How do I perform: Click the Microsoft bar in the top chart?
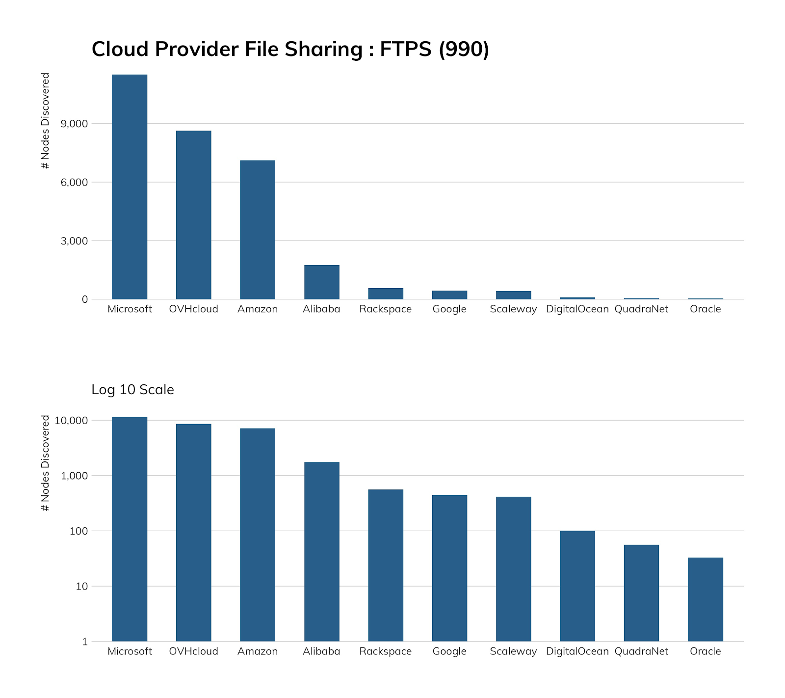point(130,187)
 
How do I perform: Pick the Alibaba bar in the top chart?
point(321,282)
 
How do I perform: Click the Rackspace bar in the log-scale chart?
point(386,565)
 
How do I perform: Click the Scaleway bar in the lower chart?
point(513,569)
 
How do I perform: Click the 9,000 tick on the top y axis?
point(74,124)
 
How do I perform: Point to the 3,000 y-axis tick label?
point(74,241)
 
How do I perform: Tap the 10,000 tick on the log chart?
point(72,421)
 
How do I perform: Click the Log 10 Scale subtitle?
point(132,390)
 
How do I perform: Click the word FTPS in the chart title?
point(405,50)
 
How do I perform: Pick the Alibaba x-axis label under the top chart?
point(321,309)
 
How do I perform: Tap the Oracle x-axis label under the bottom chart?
point(706,651)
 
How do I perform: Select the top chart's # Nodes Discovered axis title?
point(46,121)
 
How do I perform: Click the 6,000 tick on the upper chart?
point(74,183)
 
